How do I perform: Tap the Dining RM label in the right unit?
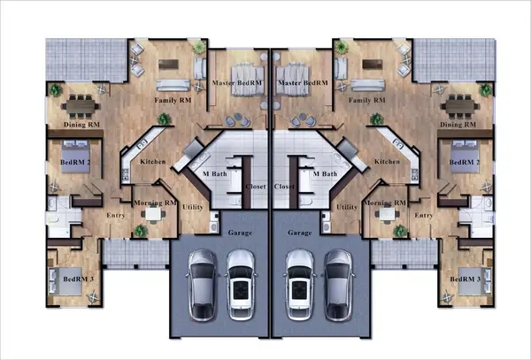tap(458, 126)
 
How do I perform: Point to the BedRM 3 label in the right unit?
tap(464, 280)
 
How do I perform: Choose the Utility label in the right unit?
tap(348, 206)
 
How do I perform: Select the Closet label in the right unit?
tap(284, 188)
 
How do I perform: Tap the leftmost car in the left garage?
tap(201, 282)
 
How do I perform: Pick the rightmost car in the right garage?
tap(337, 282)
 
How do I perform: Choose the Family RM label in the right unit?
tap(366, 100)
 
